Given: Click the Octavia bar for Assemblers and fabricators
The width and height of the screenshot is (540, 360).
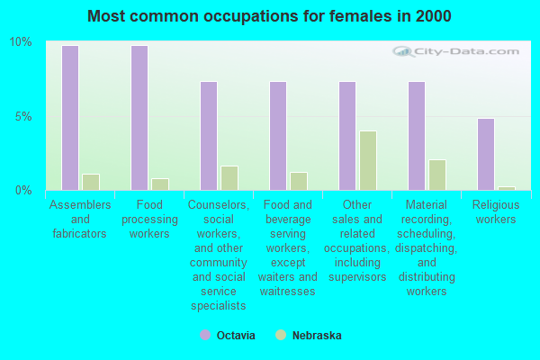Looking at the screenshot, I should (x=69, y=118).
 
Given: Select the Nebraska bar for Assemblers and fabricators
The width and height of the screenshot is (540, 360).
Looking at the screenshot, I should (x=90, y=182).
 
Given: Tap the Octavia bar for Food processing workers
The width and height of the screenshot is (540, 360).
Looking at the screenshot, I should (x=139, y=118).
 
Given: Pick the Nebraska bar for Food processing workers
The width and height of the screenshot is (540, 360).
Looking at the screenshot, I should (x=159, y=184).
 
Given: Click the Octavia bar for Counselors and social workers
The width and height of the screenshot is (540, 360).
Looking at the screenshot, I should (x=208, y=136).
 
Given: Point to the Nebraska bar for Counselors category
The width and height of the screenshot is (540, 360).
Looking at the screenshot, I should (x=229, y=178).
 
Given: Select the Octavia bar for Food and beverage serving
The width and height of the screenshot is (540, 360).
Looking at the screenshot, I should (x=277, y=136).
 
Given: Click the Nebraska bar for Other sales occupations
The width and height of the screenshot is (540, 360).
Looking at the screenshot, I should (x=367, y=160).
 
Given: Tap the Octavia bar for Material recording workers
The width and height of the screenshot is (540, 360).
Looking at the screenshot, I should (x=416, y=136).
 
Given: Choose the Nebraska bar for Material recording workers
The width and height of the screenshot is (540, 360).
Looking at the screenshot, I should (x=436, y=175).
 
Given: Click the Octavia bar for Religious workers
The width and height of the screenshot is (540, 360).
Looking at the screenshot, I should (x=485, y=154).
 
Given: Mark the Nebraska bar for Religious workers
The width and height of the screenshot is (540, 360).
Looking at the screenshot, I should (x=506, y=188).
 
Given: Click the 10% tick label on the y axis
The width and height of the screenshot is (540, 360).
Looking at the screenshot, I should (x=20, y=42).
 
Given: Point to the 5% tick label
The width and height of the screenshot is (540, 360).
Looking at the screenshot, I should (x=23, y=116).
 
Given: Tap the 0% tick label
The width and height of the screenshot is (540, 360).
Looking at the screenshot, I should (x=23, y=190).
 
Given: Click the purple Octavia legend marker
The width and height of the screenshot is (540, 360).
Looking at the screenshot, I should (x=204, y=335).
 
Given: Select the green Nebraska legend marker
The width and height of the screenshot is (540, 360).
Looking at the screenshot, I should (x=281, y=335).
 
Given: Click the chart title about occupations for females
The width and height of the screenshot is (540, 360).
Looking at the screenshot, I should (x=270, y=16).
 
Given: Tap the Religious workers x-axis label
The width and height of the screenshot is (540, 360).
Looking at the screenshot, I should (x=495, y=212).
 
